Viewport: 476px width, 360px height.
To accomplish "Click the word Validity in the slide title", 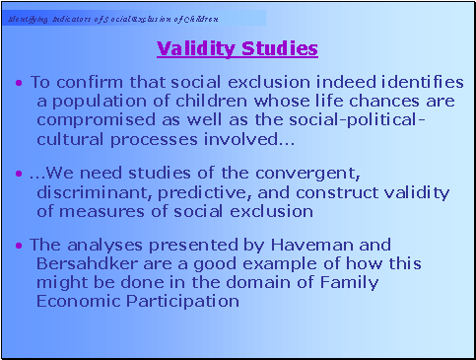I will tap(194, 48).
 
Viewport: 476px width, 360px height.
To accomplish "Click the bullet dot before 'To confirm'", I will tap(21, 81).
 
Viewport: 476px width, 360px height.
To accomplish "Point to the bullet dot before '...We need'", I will tap(21, 175).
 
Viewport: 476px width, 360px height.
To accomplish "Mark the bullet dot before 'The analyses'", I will tap(21, 245).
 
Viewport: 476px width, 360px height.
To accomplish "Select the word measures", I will tap(96, 211).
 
